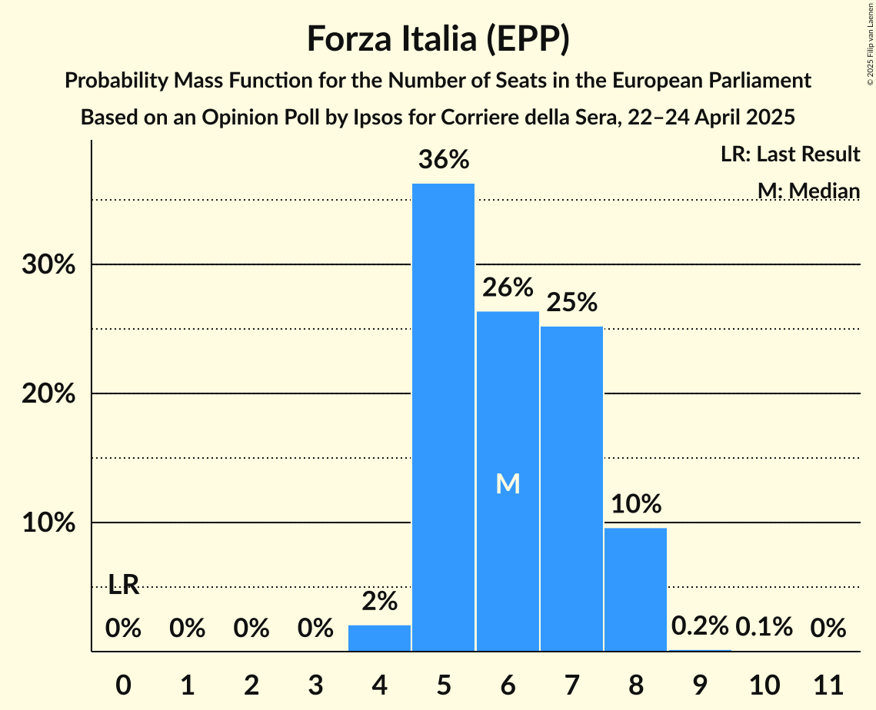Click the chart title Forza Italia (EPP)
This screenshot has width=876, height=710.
coord(438,38)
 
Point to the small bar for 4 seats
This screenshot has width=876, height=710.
coord(379,639)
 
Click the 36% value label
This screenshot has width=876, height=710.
coord(443,160)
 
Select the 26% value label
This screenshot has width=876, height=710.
coord(508,287)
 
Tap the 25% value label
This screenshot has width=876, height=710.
coord(571,302)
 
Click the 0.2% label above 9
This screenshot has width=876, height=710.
coord(699,626)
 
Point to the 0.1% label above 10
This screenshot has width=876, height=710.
coord(764,626)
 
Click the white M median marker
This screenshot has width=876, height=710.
coord(508,483)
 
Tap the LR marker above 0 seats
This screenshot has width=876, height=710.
coord(123,585)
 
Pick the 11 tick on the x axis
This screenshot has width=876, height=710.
coord(828,684)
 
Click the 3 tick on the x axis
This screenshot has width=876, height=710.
coord(315,684)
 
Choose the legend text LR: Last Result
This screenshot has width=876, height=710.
coord(790,154)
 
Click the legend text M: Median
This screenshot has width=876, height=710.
coord(808,191)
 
